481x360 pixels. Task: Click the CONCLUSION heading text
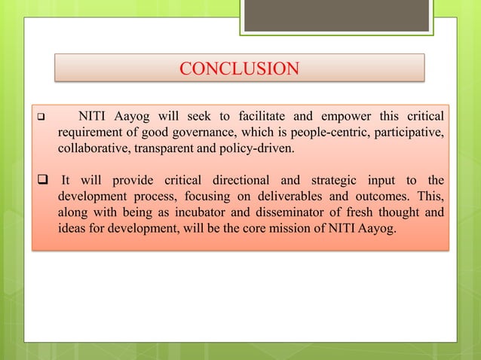click(x=239, y=69)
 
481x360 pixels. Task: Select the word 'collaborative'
click(x=94, y=148)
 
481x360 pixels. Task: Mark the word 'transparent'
click(x=167, y=148)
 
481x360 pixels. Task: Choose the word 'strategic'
click(x=325, y=180)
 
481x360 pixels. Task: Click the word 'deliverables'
click(x=280, y=197)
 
